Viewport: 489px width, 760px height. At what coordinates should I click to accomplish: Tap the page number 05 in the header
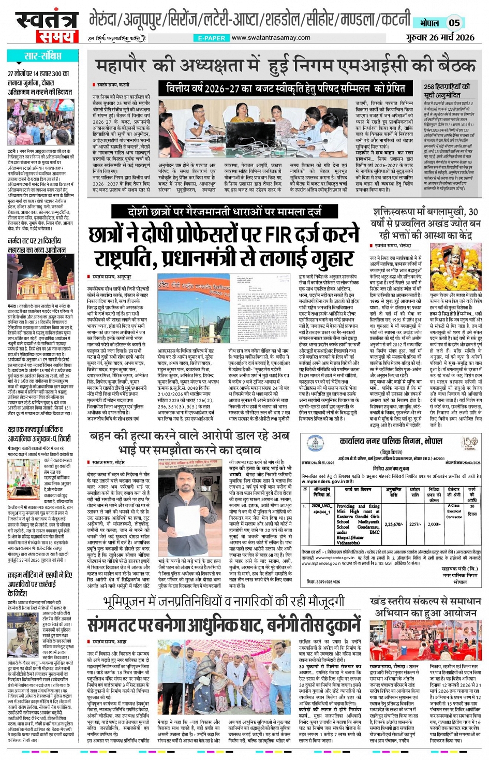click(454, 23)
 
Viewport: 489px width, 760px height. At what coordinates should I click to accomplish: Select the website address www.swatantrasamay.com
click(271, 38)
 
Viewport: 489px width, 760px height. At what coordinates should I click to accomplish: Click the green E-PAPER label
click(211, 38)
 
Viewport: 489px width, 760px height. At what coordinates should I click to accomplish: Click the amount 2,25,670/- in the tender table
click(394, 524)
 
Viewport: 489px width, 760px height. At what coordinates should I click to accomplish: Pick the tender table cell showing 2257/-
click(415, 524)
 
